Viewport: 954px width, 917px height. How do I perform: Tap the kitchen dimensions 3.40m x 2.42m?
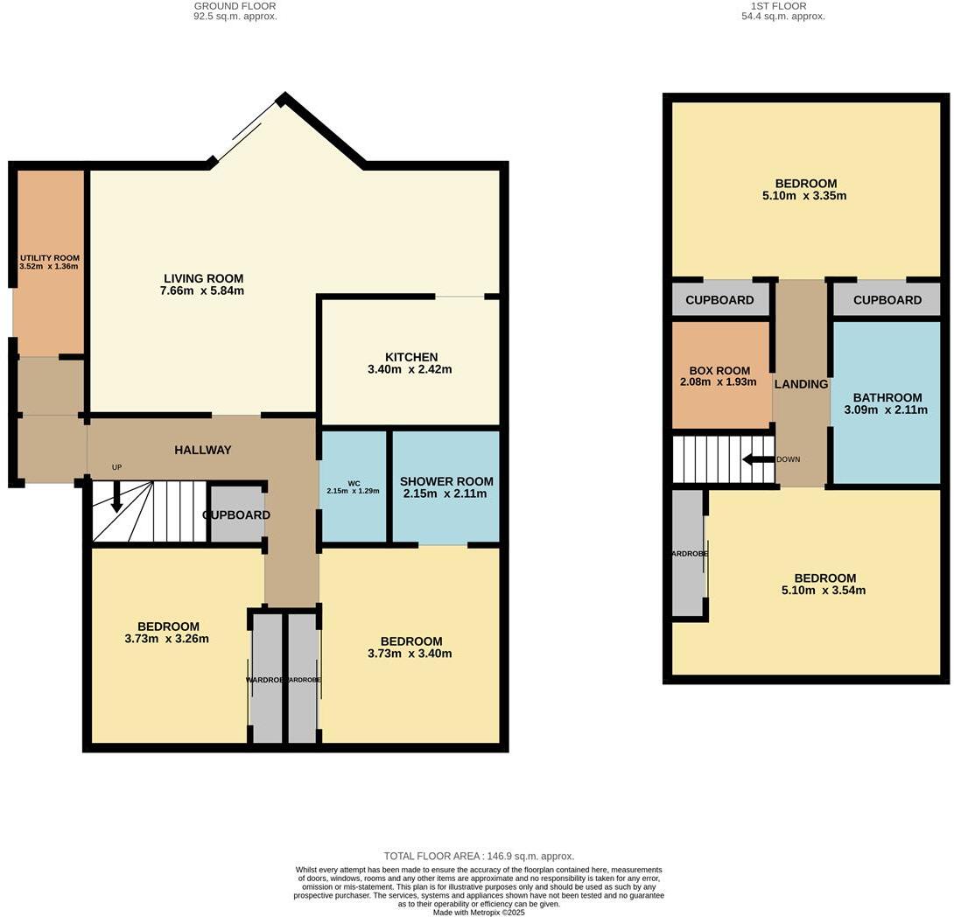pyautogui.click(x=410, y=369)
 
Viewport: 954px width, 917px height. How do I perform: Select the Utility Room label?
pyautogui.click(x=49, y=258)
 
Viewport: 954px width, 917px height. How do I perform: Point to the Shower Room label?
pyautogui.click(x=446, y=481)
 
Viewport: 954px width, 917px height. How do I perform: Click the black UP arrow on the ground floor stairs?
pyautogui.click(x=116, y=498)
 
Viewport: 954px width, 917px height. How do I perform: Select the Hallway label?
pyautogui.click(x=202, y=450)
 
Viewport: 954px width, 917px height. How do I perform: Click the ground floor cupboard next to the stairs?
pyautogui.click(x=236, y=515)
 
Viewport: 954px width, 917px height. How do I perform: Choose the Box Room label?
pyautogui.click(x=719, y=371)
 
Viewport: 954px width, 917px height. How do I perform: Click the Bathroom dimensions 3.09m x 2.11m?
pyautogui.click(x=886, y=409)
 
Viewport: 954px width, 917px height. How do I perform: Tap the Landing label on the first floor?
pyautogui.click(x=801, y=384)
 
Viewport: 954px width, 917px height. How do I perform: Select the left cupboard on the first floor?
pyautogui.click(x=719, y=300)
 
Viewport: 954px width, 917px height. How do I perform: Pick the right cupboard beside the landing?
pyautogui.click(x=887, y=300)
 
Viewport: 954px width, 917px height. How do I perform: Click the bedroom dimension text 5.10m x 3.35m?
pyautogui.click(x=804, y=196)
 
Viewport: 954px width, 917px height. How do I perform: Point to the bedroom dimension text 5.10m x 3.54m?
pyautogui.click(x=824, y=591)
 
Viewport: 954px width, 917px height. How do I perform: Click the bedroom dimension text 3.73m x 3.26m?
pyautogui.click(x=168, y=639)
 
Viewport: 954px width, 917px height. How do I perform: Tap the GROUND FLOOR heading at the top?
pyautogui.click(x=235, y=6)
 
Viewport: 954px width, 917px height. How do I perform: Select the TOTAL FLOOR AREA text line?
pyautogui.click(x=479, y=856)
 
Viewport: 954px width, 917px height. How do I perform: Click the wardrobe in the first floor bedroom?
pyautogui.click(x=688, y=554)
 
